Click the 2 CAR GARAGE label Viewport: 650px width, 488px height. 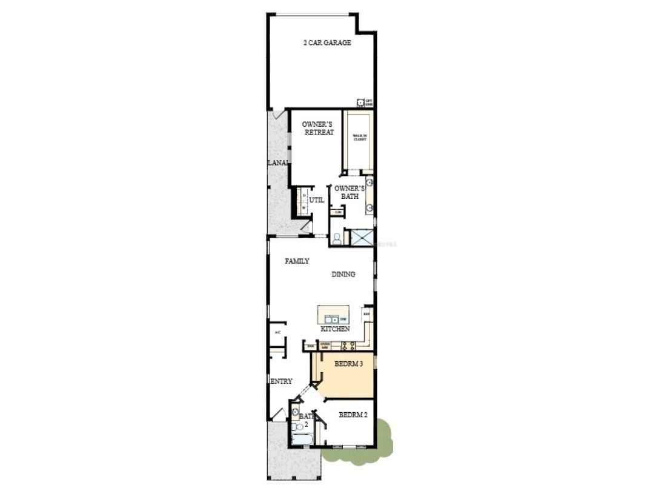pos(327,43)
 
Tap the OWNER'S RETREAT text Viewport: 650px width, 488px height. pos(318,128)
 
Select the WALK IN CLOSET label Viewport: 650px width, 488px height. pos(360,137)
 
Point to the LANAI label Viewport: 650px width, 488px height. pos(278,162)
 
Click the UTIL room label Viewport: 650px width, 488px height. pos(317,200)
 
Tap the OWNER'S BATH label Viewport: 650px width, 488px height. pos(350,192)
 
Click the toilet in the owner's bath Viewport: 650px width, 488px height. pos(337,238)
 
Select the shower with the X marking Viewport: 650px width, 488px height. pos(362,237)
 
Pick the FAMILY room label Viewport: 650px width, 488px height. pos(297,261)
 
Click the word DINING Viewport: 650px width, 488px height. pos(343,275)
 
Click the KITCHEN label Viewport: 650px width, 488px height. pos(335,329)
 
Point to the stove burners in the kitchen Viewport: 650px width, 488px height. pos(348,346)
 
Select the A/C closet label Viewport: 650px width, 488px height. pos(277,332)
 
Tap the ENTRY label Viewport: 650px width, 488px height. pos(282,381)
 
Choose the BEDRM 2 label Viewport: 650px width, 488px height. pos(353,415)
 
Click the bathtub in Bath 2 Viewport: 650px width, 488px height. pos(302,439)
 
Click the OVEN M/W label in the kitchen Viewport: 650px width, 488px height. pos(325,346)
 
